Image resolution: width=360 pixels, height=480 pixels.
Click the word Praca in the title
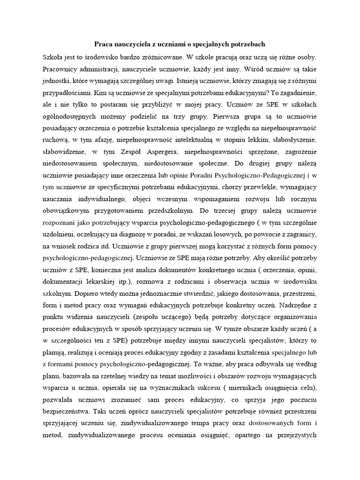(x=105, y=45)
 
